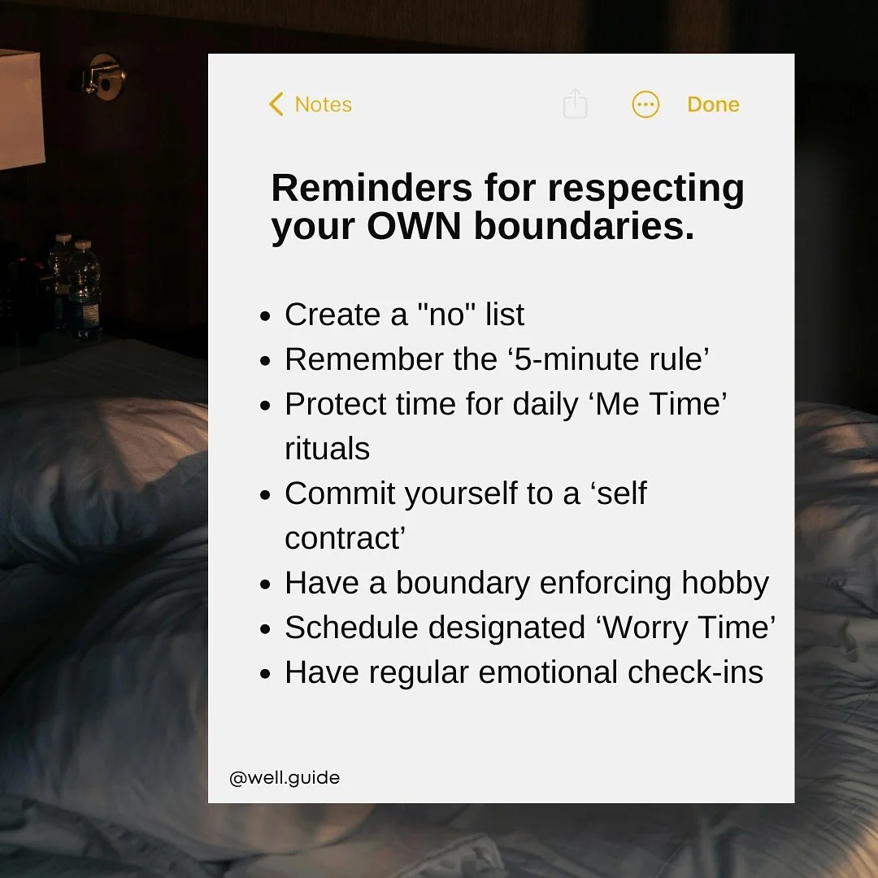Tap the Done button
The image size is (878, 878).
tap(713, 105)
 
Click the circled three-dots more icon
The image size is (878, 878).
tap(645, 105)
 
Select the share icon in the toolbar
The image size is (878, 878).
tap(575, 104)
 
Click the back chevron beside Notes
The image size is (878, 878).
tap(276, 104)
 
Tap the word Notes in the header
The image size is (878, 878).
tap(323, 105)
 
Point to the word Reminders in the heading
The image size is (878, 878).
tap(370, 189)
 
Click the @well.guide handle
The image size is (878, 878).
tap(285, 778)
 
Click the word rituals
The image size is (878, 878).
tap(327, 449)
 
